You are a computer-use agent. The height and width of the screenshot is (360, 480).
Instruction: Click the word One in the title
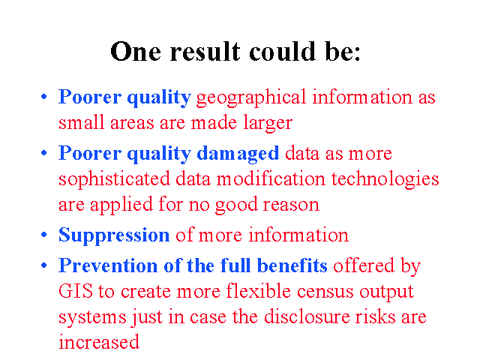[x=136, y=52]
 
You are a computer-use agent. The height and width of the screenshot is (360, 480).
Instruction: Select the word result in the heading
[x=205, y=52]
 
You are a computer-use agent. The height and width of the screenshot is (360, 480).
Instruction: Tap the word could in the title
[x=282, y=52]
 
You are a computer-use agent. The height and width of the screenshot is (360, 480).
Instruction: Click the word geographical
[x=251, y=98]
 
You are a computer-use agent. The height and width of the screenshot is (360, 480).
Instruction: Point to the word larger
[x=268, y=123]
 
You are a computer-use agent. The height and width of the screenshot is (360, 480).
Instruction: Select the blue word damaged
[x=238, y=154]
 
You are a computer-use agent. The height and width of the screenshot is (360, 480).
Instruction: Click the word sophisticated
[x=114, y=179]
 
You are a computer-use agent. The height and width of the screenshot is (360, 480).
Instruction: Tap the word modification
[x=271, y=178]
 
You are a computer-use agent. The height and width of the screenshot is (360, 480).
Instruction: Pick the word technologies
[x=385, y=179]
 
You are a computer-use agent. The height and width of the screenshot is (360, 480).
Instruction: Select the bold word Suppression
[x=114, y=235]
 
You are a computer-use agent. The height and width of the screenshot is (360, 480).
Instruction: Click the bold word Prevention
[x=108, y=265]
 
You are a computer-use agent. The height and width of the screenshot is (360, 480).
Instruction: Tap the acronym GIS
[x=76, y=291]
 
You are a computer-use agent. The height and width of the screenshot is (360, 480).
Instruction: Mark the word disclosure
[x=307, y=316]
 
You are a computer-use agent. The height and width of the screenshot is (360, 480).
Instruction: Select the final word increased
[x=99, y=342]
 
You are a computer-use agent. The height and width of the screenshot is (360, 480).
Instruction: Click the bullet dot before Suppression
[x=44, y=235]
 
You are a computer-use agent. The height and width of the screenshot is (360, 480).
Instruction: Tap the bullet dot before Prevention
[x=44, y=265]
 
